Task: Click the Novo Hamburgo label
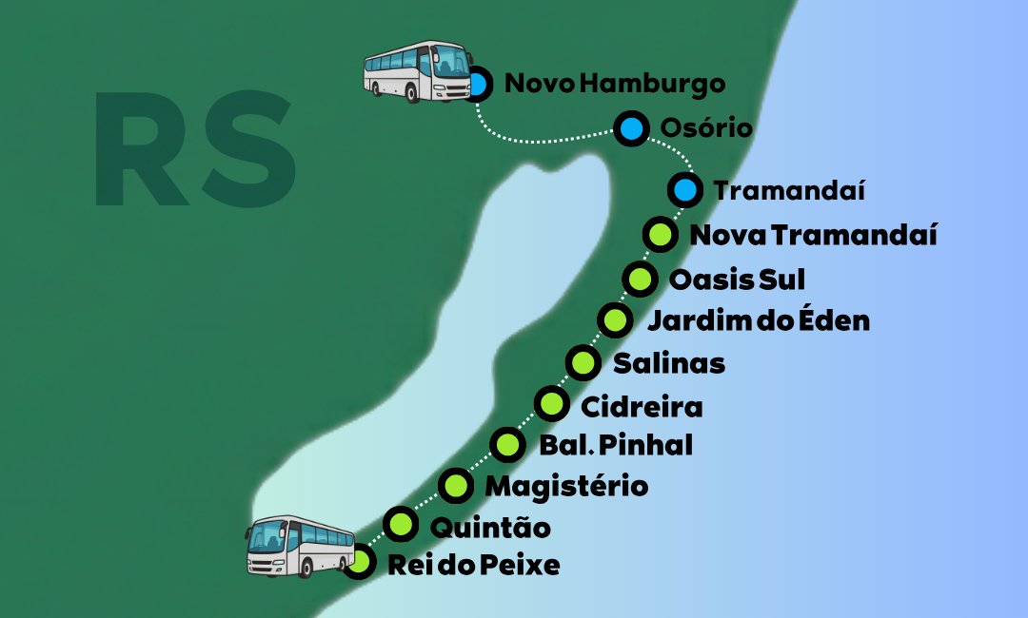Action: (614, 84)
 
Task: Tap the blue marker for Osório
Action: (630, 128)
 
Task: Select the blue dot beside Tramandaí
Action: (684, 190)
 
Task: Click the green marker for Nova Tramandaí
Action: (659, 234)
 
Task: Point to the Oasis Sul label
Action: (737, 280)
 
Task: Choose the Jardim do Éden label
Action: (758, 320)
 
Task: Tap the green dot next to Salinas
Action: (583, 362)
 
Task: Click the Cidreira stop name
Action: (642, 407)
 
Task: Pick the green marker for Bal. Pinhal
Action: (508, 444)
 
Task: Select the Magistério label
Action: (566, 487)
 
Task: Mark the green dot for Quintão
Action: (401, 524)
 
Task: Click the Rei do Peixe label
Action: (473, 566)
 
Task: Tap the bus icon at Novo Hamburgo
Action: (418, 70)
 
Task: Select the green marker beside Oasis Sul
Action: (640, 280)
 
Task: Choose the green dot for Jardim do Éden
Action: (614, 319)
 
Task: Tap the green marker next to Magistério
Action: (456, 486)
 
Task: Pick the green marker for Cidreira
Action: (551, 404)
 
